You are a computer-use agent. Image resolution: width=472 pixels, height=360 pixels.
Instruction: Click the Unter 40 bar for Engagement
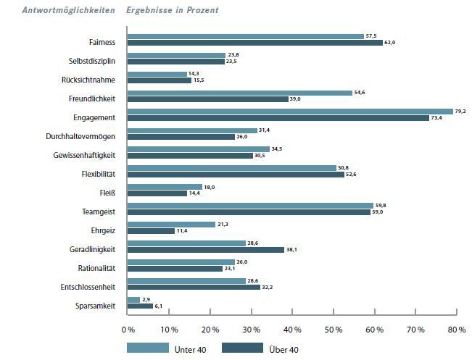[290, 112]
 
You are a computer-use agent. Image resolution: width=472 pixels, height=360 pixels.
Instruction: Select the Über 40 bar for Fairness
[254, 43]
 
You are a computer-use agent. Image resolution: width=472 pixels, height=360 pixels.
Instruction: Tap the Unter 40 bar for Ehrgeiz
[171, 224]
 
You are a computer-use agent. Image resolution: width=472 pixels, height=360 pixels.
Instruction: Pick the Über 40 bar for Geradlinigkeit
[205, 249]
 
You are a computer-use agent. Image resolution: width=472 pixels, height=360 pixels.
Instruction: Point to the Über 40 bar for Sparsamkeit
[140, 306]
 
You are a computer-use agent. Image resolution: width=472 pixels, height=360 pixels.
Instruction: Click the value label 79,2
[460, 112]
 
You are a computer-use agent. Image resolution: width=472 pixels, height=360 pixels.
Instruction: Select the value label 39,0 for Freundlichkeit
[295, 99]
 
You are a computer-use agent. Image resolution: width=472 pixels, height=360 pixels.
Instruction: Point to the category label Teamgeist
[99, 211]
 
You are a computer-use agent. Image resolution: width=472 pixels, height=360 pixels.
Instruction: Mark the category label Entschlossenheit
[87, 286]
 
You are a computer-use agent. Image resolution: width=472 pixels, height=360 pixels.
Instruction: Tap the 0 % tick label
[128, 330]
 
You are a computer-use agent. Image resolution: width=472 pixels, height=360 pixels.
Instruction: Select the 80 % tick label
[457, 330]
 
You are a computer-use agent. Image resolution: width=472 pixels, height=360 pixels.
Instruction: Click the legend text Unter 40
[190, 349]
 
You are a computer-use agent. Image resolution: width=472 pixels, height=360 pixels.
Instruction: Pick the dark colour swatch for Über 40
[241, 348]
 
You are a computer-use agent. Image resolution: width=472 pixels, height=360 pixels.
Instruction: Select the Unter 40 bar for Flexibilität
[232, 167]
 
